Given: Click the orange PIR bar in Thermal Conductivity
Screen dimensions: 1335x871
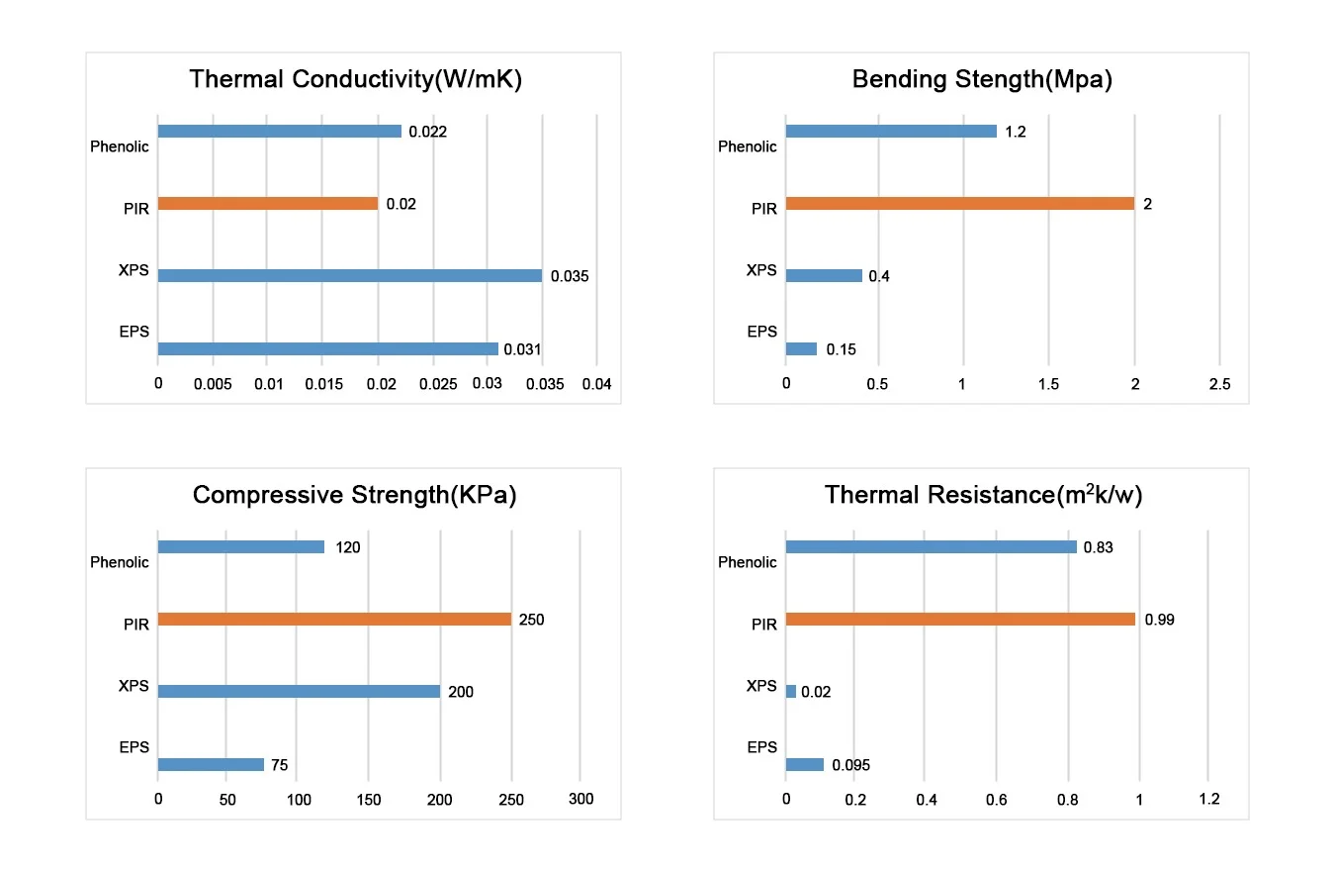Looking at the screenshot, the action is coord(268,204).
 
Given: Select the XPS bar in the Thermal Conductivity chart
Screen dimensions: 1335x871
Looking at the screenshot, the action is coord(350,275).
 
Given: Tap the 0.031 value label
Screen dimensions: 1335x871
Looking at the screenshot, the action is coord(522,349).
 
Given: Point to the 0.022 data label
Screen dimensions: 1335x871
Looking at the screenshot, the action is coord(428,132).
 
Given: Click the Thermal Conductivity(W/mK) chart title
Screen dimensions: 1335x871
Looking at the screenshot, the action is coord(356,79).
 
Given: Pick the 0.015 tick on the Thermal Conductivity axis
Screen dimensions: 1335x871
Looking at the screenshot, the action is coord(323,384).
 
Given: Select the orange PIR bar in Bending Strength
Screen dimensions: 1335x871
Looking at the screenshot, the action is coord(959,204).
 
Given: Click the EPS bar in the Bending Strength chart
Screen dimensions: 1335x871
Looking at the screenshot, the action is coord(801,349).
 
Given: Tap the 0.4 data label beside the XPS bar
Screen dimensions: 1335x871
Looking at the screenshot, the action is coord(879,276).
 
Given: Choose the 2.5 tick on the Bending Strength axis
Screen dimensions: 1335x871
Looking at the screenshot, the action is coord(1219,384).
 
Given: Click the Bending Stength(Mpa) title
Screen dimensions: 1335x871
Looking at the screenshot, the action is coord(982,79).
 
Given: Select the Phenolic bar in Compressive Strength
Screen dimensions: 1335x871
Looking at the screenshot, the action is coord(240,546).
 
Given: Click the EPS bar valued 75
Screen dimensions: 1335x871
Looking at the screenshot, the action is coord(211,764).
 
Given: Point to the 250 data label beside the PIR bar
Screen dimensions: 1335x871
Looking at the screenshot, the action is coord(531,620).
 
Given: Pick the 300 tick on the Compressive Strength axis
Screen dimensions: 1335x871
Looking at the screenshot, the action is coord(580,799).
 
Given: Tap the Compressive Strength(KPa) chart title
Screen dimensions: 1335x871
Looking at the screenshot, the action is coord(355,495).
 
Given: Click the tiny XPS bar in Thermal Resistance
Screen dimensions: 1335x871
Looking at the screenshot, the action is coord(791,692).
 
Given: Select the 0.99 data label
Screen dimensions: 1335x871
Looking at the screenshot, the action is coord(1159,620).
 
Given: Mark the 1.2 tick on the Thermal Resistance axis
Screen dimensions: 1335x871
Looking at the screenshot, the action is coord(1209,799).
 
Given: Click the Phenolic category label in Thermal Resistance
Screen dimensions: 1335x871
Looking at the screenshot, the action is coord(747,562).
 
